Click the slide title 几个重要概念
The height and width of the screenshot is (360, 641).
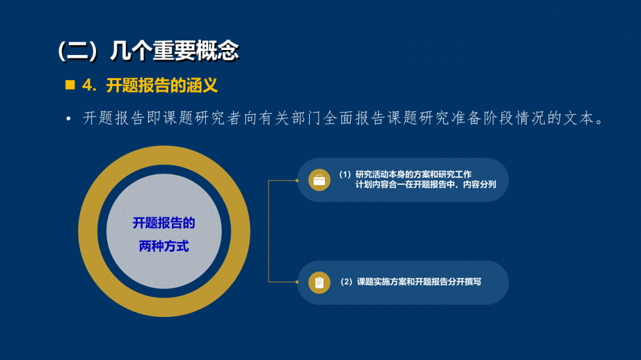tap(174, 51)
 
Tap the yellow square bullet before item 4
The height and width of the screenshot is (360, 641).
tap(70, 85)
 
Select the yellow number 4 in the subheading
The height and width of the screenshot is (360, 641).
tap(87, 85)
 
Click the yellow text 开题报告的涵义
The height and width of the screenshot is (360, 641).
tap(162, 85)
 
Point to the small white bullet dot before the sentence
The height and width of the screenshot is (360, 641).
tap(69, 119)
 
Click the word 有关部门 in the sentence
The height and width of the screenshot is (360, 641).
tap(282, 118)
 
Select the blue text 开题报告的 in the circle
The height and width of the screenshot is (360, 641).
tap(164, 223)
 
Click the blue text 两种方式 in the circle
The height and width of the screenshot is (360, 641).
tap(164, 247)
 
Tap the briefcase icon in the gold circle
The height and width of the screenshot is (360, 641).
tap(319, 180)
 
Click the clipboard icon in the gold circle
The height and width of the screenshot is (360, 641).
tap(319, 282)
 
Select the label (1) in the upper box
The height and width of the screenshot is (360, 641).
tap(345, 174)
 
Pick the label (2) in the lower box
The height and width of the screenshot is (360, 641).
tap(347, 282)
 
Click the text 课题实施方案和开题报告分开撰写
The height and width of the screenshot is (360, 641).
tap(419, 282)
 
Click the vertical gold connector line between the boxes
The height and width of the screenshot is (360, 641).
tap(268, 231)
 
